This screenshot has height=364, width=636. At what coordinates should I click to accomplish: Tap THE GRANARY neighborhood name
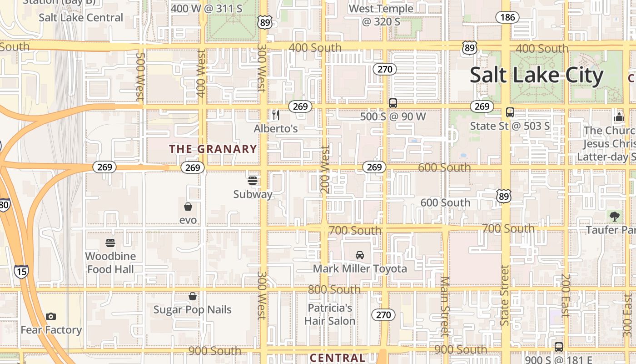[213, 149]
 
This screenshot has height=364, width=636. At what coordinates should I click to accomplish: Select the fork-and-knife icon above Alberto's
[276, 115]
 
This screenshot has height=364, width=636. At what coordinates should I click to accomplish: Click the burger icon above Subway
[253, 180]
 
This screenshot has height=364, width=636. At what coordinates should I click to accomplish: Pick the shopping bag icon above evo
[188, 207]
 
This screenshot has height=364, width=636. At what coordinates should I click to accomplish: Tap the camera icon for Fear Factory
[51, 316]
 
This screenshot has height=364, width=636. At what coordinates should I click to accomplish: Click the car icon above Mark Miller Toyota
[360, 255]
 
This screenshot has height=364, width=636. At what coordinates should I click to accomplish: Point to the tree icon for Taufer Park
[615, 216]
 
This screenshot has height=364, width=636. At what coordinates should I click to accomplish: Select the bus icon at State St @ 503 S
[510, 112]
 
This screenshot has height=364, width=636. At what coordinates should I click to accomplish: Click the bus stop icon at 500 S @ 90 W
[393, 103]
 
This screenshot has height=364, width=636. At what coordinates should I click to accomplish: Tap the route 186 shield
[507, 18]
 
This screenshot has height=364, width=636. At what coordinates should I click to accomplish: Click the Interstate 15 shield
[21, 272]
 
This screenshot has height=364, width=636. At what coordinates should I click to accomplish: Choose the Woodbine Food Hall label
[110, 263]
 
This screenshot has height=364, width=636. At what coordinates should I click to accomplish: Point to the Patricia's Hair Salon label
[330, 314]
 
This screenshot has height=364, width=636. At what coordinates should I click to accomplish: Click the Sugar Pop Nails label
[193, 310]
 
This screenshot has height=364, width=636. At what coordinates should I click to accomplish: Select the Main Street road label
[445, 307]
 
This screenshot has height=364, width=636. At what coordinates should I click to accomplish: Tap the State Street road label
[505, 295]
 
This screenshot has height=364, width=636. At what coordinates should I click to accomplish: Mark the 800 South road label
[334, 289]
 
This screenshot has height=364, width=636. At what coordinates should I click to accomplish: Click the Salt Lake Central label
[81, 18]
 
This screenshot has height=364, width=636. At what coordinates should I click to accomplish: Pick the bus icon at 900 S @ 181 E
[559, 347]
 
